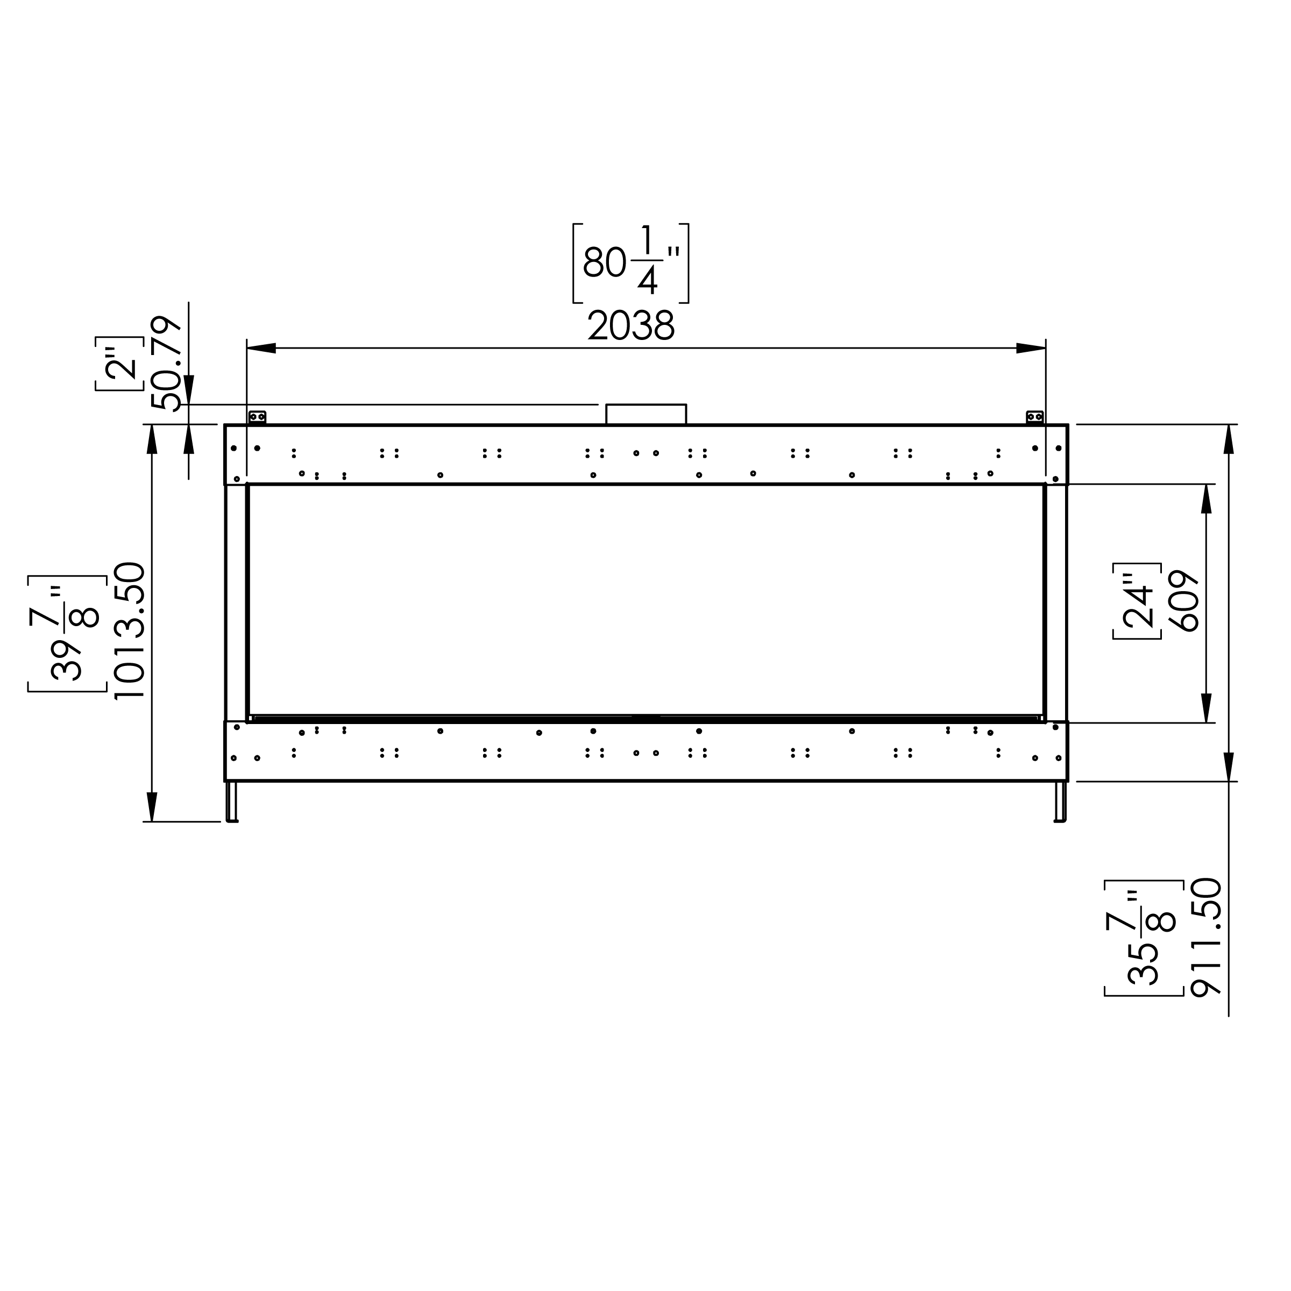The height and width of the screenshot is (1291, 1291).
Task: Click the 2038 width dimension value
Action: tap(631, 327)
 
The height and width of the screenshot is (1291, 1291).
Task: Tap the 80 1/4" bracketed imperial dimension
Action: tap(631, 263)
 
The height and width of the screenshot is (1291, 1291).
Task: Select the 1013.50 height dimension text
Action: tap(130, 631)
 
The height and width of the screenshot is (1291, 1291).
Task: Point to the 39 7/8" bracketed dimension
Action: tap(67, 633)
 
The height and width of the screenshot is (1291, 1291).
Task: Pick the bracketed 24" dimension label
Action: tap(1137, 601)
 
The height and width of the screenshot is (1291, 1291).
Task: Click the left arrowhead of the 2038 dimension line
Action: tap(261, 348)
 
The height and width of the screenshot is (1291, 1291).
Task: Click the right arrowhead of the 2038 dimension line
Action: tap(1031, 348)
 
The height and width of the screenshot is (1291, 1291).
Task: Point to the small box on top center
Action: tap(645, 414)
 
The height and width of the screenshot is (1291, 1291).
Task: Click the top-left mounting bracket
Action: tap(257, 417)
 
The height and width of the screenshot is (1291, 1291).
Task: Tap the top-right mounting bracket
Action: tap(1034, 417)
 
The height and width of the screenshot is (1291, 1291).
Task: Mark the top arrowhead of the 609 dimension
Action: tap(1206, 499)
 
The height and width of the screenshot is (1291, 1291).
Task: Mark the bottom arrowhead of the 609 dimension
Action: tap(1206, 708)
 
